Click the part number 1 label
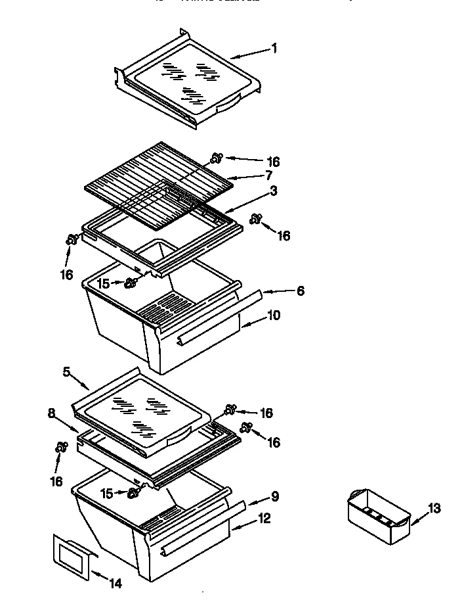[274, 49]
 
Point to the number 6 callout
[300, 291]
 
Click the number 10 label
[274, 316]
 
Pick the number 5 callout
[66, 372]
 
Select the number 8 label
[51, 415]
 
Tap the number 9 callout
[275, 497]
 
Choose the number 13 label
[434, 508]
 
